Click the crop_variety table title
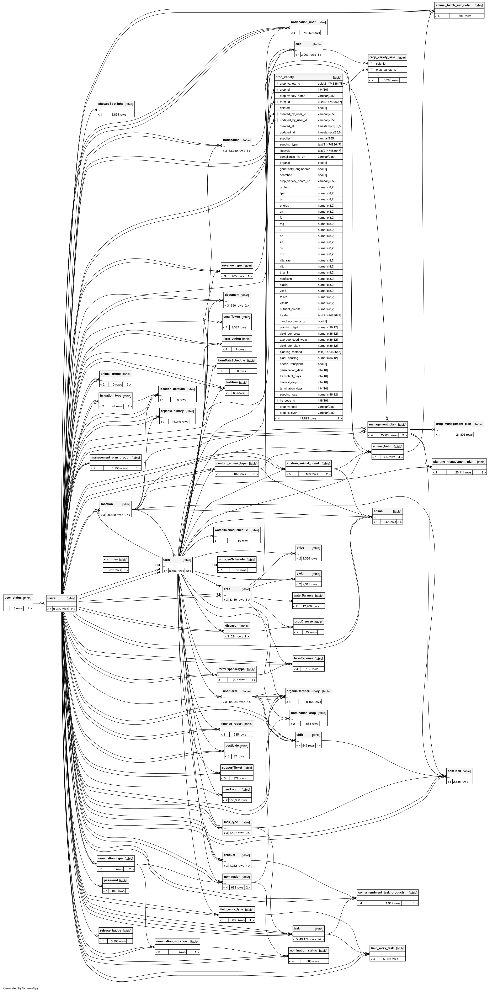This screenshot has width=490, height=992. [285, 77]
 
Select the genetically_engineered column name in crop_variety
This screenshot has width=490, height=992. [295, 169]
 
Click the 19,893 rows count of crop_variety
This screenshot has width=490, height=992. [308, 418]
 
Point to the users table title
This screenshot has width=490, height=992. [51, 598]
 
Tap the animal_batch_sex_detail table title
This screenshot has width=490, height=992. [453, 5]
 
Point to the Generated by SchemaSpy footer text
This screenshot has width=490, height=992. [21, 988]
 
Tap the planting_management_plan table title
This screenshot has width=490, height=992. [453, 461]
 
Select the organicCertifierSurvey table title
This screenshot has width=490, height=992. [303, 691]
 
